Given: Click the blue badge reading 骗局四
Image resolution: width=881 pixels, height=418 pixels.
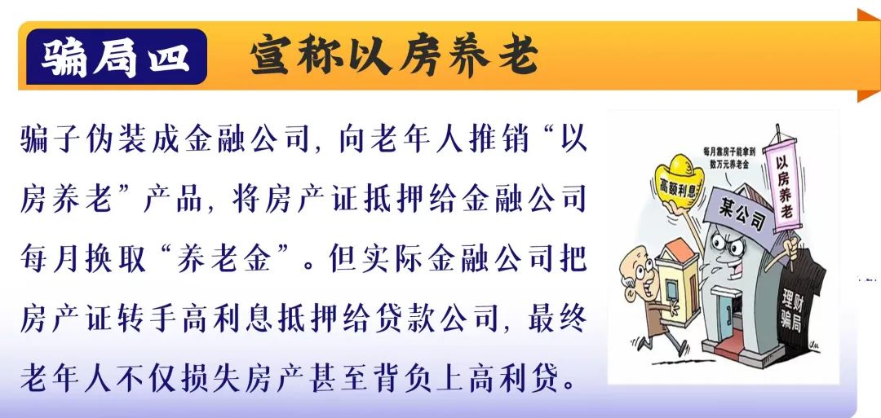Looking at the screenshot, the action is [116, 57].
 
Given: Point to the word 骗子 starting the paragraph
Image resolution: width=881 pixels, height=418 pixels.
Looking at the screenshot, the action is [53, 139].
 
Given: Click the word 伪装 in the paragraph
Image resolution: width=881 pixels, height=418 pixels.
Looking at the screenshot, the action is [118, 139].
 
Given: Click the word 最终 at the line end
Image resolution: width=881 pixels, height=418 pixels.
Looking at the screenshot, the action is [557, 320].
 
